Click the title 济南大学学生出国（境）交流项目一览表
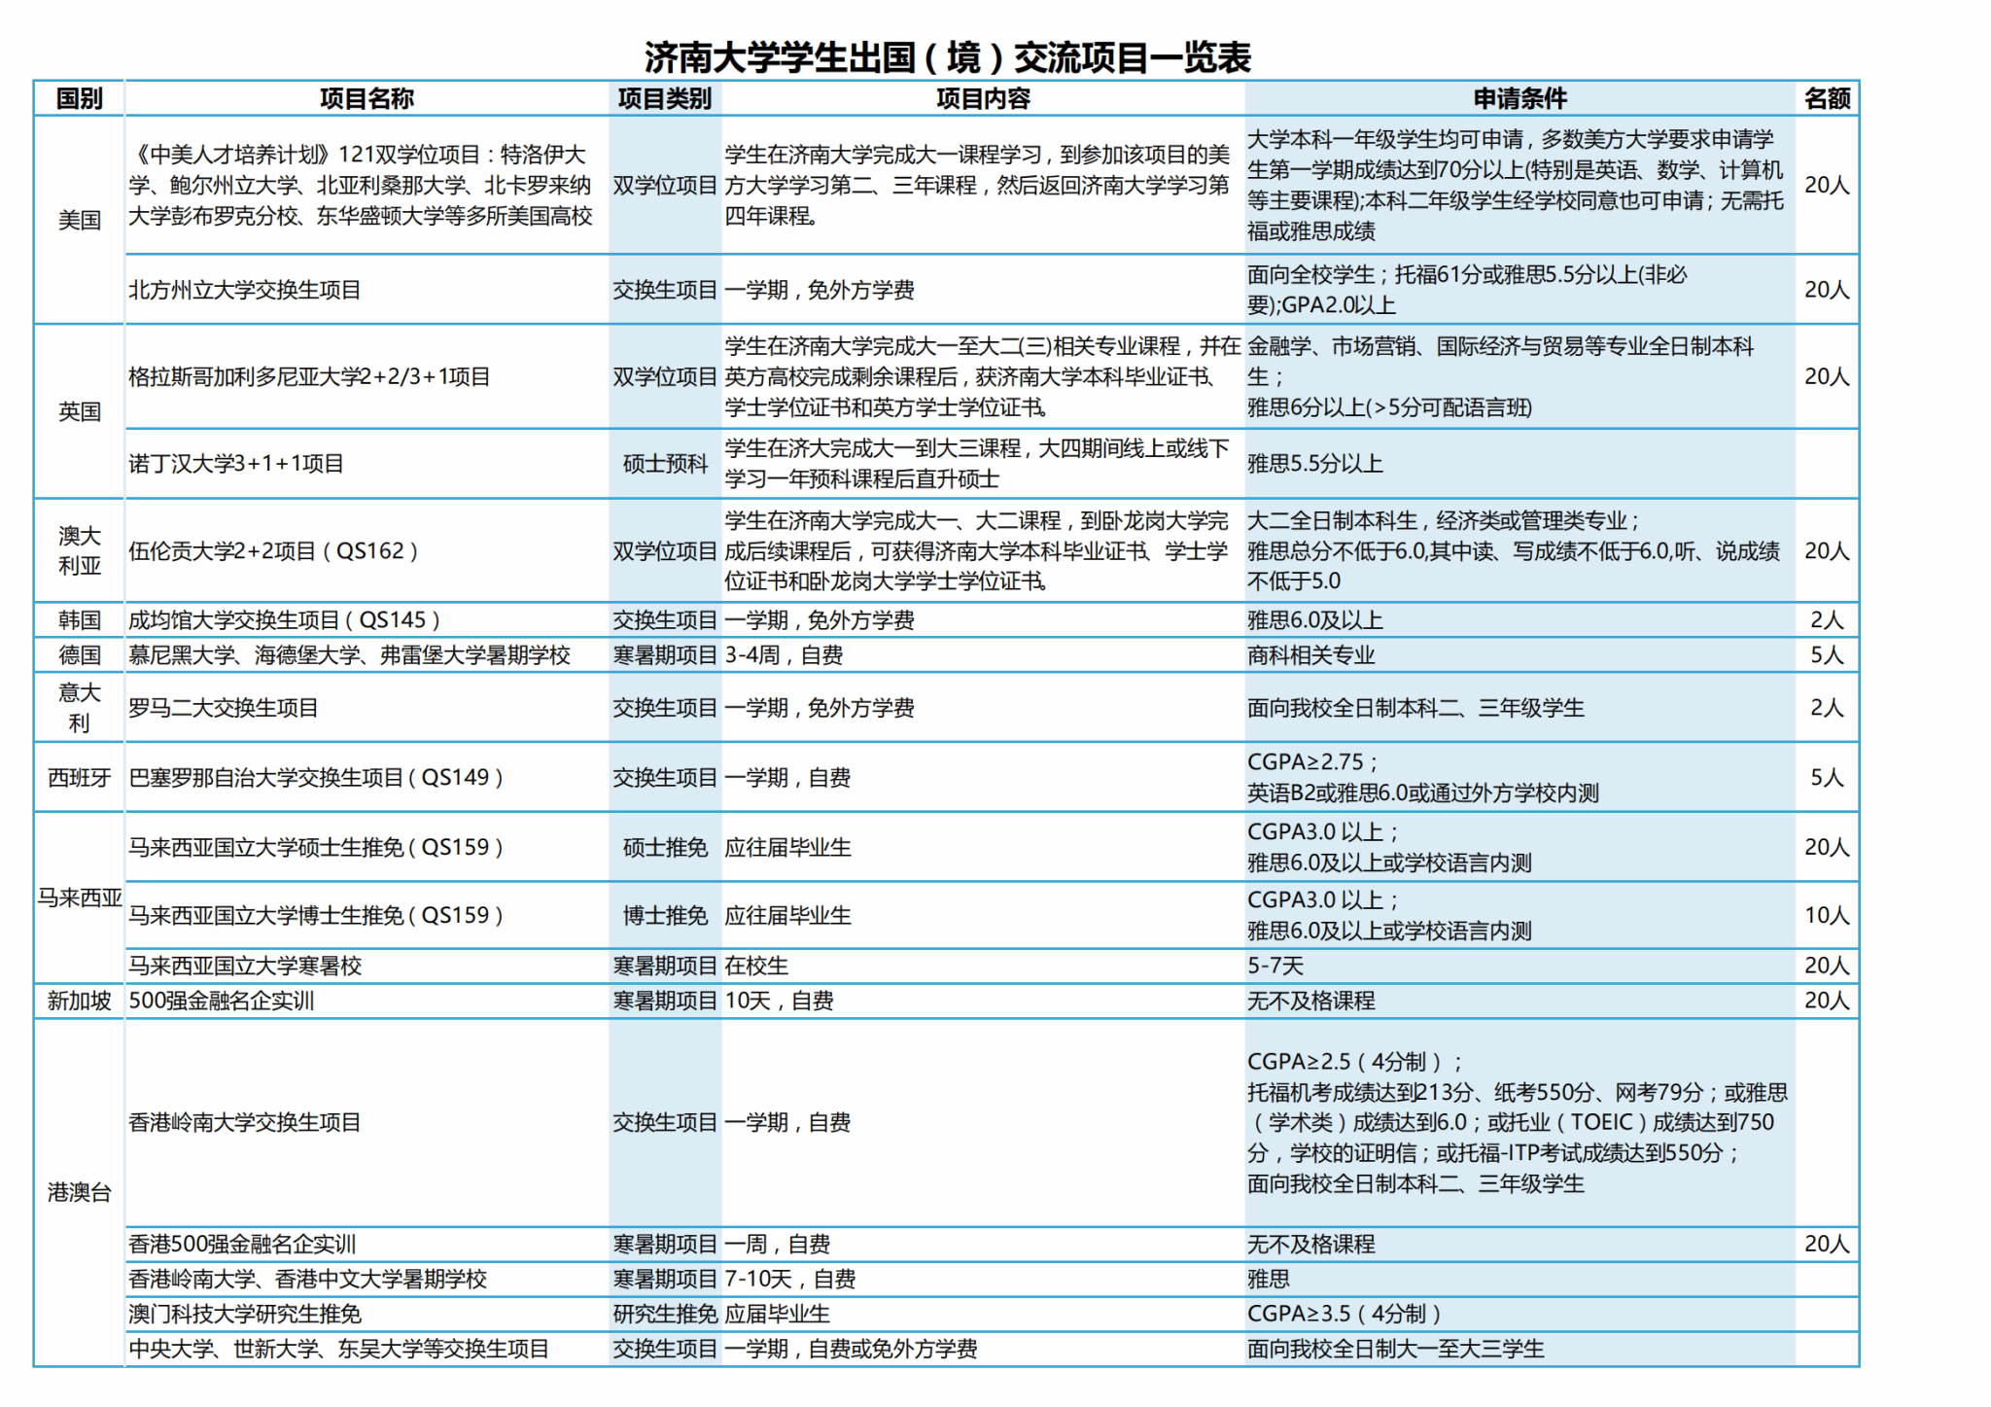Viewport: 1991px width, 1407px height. click(x=947, y=57)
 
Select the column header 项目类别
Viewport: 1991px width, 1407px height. click(x=665, y=98)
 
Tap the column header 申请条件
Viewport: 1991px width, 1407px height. click(x=1519, y=98)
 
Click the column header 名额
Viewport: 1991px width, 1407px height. click(x=1827, y=98)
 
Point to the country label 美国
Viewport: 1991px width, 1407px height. click(x=80, y=220)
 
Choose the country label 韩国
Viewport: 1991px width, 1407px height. click(x=80, y=620)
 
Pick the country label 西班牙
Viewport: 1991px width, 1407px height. click(x=80, y=778)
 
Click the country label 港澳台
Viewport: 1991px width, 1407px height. click(x=80, y=1192)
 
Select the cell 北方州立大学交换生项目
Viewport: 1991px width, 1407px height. click(x=245, y=290)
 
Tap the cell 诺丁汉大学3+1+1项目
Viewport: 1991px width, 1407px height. click(x=236, y=464)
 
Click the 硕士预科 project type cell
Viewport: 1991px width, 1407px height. click(x=665, y=464)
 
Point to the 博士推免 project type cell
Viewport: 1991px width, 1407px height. click(x=665, y=916)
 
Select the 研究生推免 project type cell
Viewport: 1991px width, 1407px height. click(x=665, y=1315)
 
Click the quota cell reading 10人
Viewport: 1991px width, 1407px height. click(x=1827, y=916)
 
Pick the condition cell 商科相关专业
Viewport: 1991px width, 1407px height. click(x=1311, y=655)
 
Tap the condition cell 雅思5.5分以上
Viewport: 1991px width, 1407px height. click(x=1315, y=464)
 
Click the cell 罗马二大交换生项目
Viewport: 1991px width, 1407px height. click(x=224, y=708)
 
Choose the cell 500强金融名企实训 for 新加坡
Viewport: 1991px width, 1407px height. click(x=222, y=1002)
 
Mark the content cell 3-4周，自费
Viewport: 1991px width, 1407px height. click(x=784, y=655)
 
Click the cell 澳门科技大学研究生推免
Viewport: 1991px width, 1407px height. click(x=245, y=1315)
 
